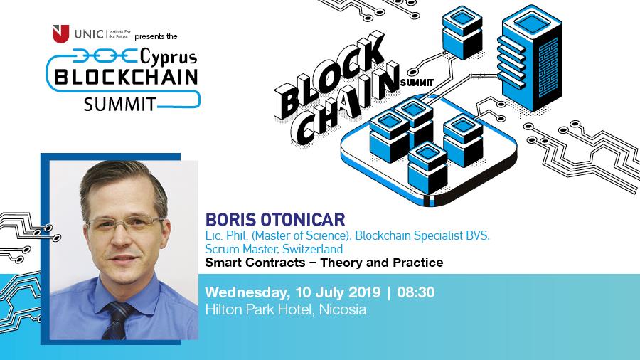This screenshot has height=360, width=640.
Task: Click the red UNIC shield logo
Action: point(61,33)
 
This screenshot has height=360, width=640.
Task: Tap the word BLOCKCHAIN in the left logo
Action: point(123,78)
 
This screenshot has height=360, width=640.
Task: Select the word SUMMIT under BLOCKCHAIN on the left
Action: point(119,105)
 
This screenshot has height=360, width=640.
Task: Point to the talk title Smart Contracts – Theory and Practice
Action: point(324,263)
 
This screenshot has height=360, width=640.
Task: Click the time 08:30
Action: point(416,292)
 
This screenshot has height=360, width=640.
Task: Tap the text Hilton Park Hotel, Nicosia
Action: point(285,310)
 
